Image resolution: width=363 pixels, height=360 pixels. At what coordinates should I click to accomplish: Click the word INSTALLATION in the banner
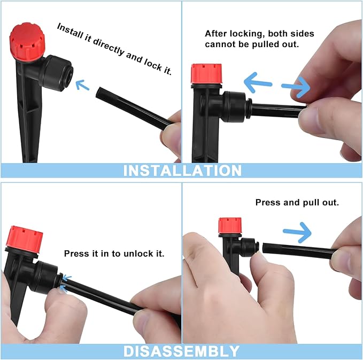pos(182,170)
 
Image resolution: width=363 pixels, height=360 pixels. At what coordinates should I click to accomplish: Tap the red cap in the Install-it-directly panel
pos(27,40)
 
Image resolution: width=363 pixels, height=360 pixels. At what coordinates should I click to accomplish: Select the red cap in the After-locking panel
pos(206,74)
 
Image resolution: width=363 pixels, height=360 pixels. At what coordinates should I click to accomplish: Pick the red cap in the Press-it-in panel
pos(24,239)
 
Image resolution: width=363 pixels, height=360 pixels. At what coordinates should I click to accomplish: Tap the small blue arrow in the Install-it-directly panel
pos(82,85)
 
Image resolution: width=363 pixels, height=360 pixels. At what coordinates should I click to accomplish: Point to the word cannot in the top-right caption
pos(219,44)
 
